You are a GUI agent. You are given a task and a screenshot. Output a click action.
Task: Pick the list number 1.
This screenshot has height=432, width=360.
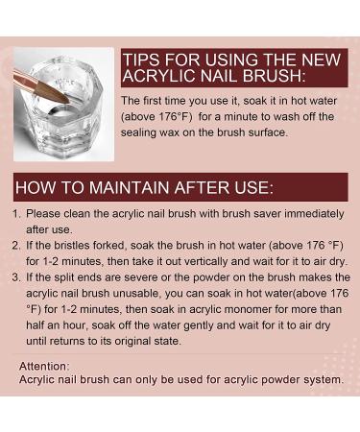pyautogui.click(x=16, y=213)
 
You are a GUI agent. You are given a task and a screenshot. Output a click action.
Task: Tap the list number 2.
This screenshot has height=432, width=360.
pyautogui.click(x=16, y=246)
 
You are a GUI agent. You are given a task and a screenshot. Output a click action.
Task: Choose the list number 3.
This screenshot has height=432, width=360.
pyautogui.click(x=16, y=277)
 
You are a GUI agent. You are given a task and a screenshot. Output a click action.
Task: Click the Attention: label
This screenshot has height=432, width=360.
pyautogui.click(x=44, y=366)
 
